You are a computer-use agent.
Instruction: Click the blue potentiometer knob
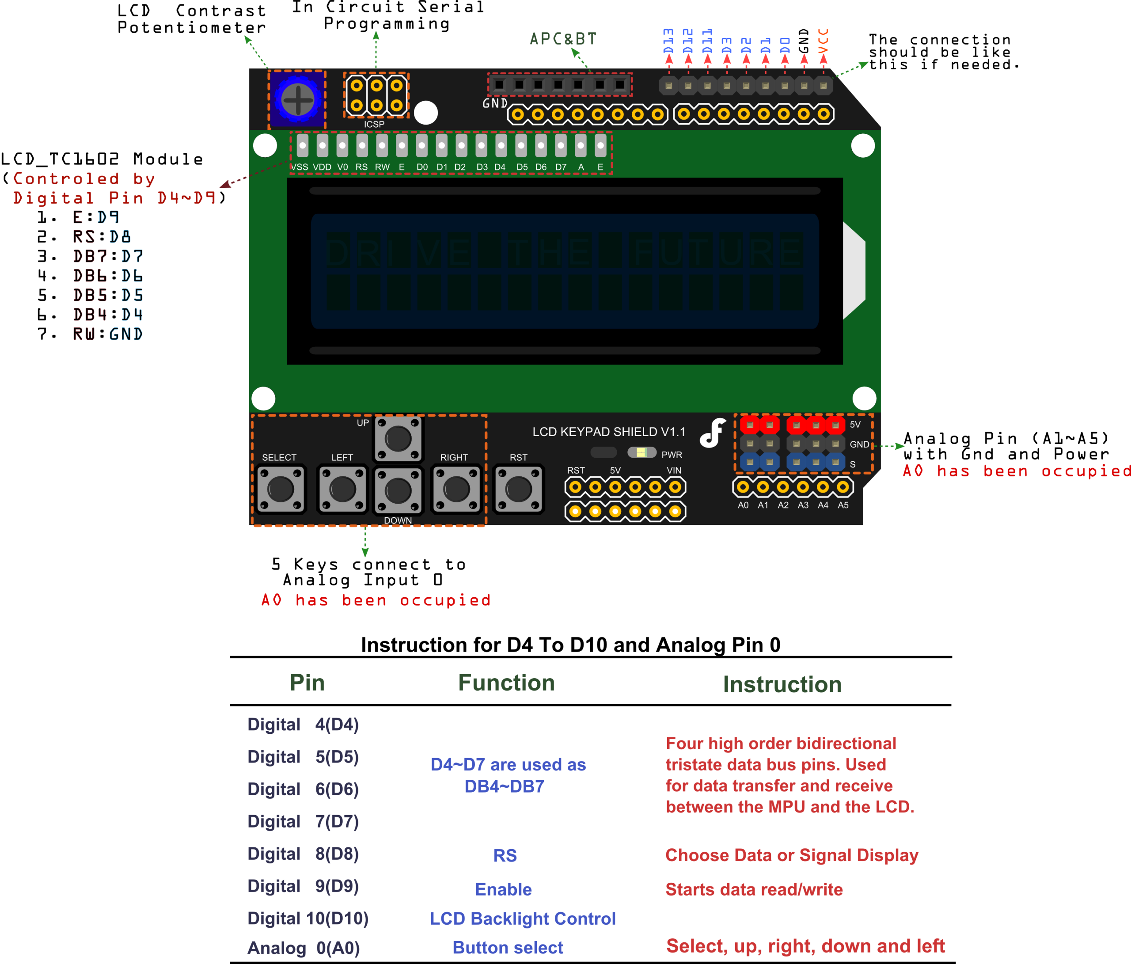[297, 99]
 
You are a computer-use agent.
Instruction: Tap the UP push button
[398, 438]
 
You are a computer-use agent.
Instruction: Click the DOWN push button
[398, 491]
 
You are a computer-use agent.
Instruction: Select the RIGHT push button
[456, 489]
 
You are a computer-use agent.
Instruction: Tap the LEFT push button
[342, 489]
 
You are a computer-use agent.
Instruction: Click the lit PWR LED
[642, 452]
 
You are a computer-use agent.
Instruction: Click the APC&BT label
[563, 39]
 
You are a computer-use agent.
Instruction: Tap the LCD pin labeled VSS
[302, 146]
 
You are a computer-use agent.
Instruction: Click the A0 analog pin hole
[743, 487]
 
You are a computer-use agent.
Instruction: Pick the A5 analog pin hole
[843, 487]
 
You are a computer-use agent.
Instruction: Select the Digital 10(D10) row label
[308, 918]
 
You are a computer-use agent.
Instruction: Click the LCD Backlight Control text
[522, 918]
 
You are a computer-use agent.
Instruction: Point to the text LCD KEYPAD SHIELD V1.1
[609, 432]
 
